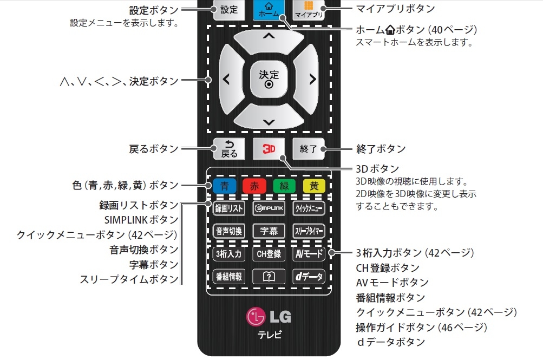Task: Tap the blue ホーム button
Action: coord(269,9)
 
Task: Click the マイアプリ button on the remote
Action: coord(309,9)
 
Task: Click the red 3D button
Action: coord(269,149)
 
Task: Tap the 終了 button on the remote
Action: coord(309,149)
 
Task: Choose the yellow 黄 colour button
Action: coord(314,186)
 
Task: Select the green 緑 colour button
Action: coord(284,186)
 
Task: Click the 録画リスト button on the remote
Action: coord(229,208)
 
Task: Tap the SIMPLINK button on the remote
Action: coord(269,208)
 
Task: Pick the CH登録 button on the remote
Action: coord(269,253)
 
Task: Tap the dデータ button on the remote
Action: coord(309,277)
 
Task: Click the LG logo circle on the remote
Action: coord(256,316)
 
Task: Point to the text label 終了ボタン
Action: coord(381,149)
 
